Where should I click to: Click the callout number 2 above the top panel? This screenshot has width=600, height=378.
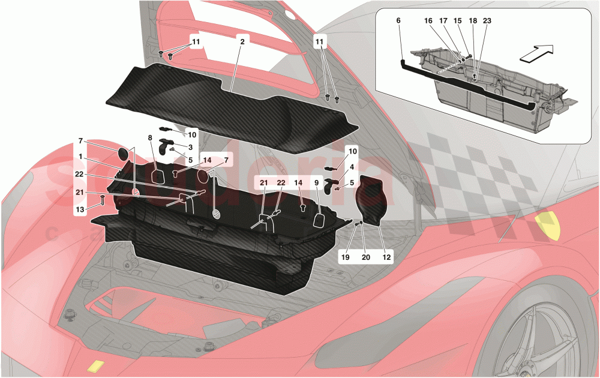[x=242, y=43]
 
